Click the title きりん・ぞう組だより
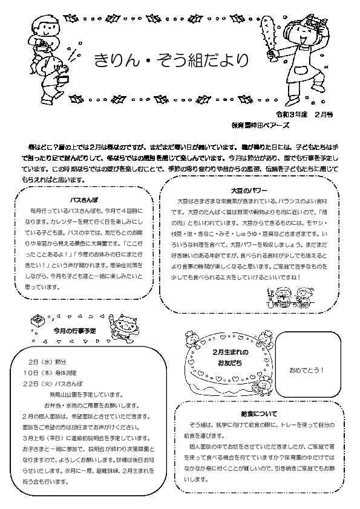click(x=171, y=60)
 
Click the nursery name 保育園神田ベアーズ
click(x=260, y=125)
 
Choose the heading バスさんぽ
click(x=85, y=199)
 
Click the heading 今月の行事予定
click(x=74, y=332)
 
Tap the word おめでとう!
click(x=307, y=370)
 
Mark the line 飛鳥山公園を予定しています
click(x=91, y=394)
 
